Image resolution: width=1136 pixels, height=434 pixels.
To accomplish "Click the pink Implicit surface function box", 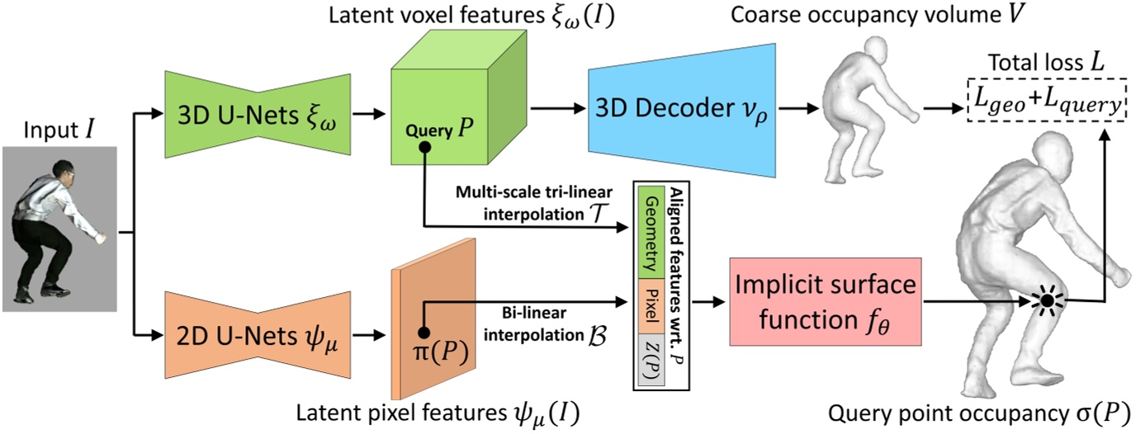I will tap(826, 301).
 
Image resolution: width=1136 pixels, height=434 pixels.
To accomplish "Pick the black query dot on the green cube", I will tap(424, 147).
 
